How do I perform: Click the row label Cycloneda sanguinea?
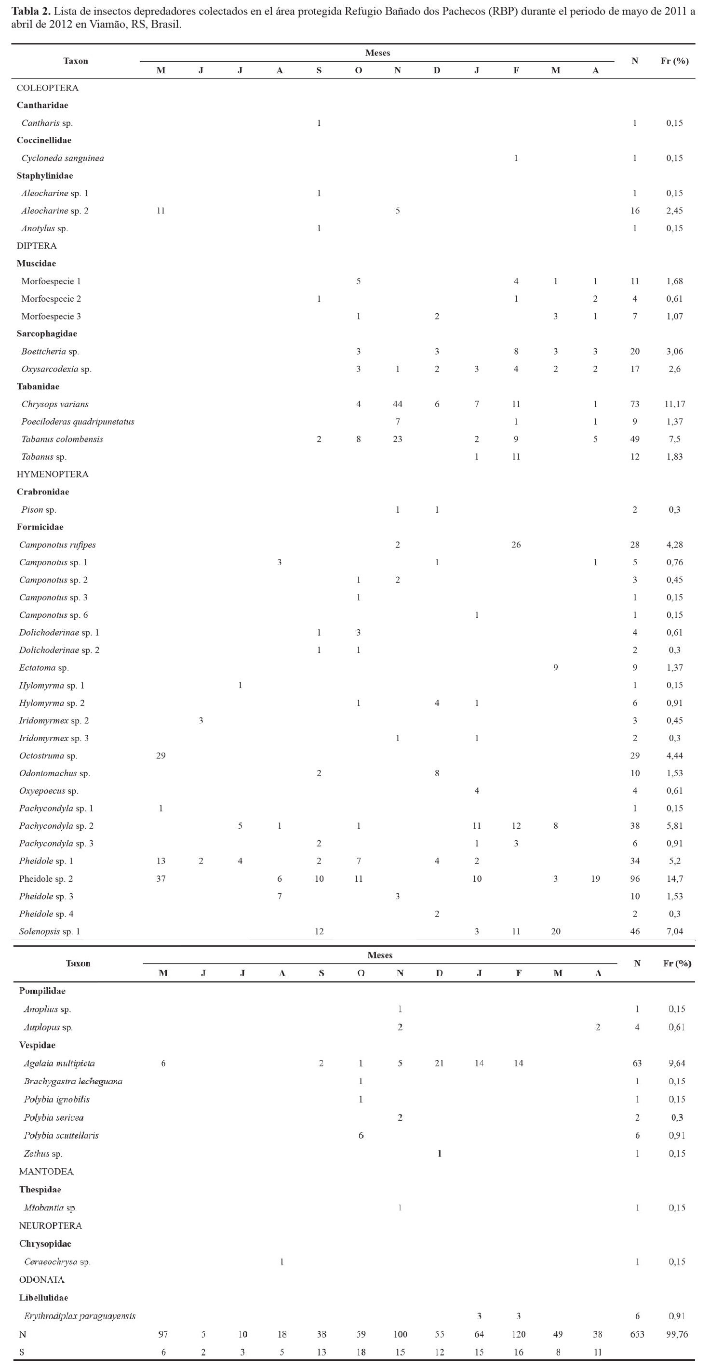(63, 158)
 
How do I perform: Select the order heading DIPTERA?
(37, 246)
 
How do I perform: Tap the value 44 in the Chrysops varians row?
(398, 404)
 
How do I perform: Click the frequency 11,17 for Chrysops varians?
(674, 404)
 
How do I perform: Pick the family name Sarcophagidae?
(47, 334)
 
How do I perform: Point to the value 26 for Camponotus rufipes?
(516, 545)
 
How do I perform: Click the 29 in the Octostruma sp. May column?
(161, 756)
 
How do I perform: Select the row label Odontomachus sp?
(54, 773)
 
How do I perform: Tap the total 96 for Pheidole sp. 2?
(635, 879)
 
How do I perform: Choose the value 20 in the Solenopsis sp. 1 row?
(556, 931)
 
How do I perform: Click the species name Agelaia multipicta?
(59, 1063)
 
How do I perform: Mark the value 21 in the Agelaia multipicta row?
(439, 1063)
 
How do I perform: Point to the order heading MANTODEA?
(46, 1172)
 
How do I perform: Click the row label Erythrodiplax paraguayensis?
(80, 1316)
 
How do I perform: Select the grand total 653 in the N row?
(637, 1334)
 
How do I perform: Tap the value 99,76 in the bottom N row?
(677, 1334)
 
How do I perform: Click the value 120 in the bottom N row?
(519, 1334)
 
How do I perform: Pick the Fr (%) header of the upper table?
(674, 61)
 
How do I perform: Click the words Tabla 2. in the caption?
(31, 12)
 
